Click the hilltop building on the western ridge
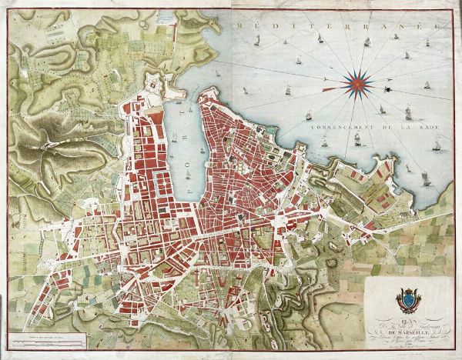48,144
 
